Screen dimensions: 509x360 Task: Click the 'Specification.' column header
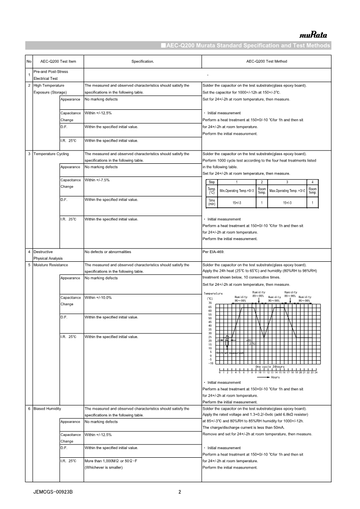tap(143, 61)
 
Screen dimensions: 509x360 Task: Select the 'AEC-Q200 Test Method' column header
tap(266, 61)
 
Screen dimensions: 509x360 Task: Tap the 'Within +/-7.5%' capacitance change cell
tap(98, 180)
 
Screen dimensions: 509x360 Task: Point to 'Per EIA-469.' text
tap(214, 251)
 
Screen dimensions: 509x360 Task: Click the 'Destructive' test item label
tap(43, 251)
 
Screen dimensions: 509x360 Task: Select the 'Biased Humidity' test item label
tap(47, 409)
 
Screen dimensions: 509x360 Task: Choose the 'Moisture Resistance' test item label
tap(50, 264)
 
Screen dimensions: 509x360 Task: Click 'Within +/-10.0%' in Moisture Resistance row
tap(98, 298)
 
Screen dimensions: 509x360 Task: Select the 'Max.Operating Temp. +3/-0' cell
tap(287, 191)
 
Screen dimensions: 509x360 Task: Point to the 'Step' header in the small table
tap(212, 181)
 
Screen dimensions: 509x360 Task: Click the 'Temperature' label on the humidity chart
tap(213, 294)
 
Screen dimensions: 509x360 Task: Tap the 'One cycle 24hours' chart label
tap(270, 367)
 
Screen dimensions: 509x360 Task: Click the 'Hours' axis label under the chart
tap(275, 377)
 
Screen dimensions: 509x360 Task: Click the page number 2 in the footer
tap(180, 492)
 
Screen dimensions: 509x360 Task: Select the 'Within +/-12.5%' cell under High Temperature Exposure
tap(98, 113)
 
